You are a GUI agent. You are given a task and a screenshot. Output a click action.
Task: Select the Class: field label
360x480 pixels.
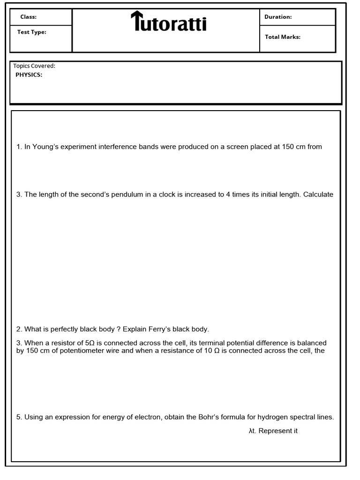[x=28, y=17]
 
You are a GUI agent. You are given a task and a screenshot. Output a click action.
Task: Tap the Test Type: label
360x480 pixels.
[x=31, y=32]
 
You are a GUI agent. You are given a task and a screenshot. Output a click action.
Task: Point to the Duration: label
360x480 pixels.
[x=278, y=17]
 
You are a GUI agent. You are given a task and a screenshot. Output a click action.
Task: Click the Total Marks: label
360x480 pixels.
[x=282, y=37]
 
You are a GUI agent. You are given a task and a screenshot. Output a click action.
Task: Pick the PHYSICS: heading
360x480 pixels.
[x=29, y=75]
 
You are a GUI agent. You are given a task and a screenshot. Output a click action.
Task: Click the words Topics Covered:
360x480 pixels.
[x=34, y=66]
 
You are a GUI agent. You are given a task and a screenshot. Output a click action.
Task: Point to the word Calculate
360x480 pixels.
[x=318, y=195]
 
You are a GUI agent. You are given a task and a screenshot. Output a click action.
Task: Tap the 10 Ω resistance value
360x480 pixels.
[x=211, y=351]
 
